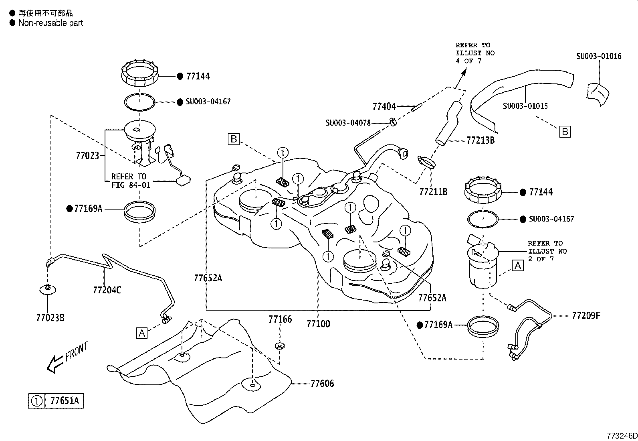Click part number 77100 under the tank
click(x=318, y=323)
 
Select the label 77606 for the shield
click(x=322, y=384)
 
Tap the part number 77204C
click(x=107, y=290)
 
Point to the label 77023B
click(x=50, y=318)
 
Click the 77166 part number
click(x=280, y=319)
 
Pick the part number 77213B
click(x=481, y=140)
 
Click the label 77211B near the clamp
click(x=433, y=192)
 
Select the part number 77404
click(x=384, y=106)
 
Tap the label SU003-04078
click(x=348, y=123)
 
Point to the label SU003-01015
click(x=525, y=106)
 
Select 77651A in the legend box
click(x=64, y=401)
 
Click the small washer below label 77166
click(x=279, y=345)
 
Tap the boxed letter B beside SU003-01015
click(x=565, y=132)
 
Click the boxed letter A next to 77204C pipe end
click(x=142, y=333)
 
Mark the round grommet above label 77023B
click(x=47, y=289)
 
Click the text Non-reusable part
click(x=50, y=23)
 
